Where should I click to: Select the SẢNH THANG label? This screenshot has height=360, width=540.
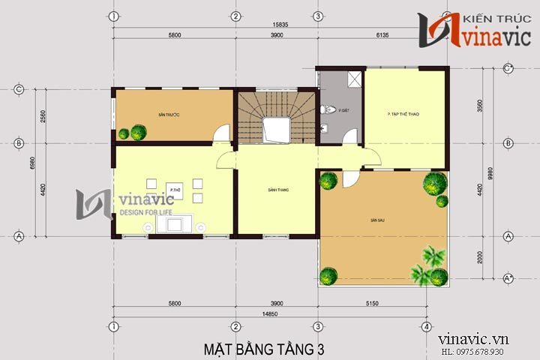[278, 190]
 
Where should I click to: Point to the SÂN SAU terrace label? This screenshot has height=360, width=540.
[376, 220]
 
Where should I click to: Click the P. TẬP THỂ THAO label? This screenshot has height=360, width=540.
[403, 115]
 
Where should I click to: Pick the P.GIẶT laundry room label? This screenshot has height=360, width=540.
[344, 110]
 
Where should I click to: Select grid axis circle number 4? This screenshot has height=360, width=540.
[426, 327]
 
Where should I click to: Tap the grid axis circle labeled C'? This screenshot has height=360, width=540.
[508, 68]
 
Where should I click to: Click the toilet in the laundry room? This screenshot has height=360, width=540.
[324, 110]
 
